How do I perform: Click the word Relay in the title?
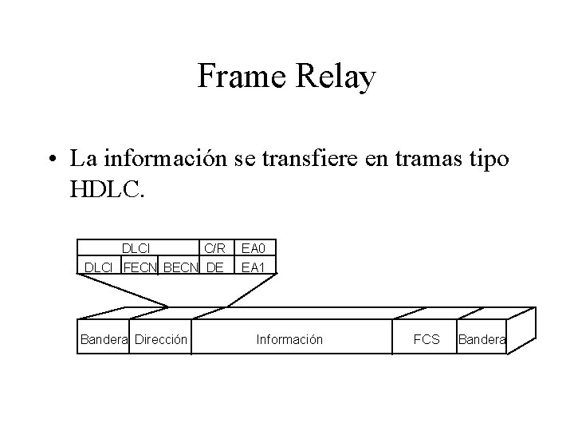point(336,78)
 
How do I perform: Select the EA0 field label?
point(253,250)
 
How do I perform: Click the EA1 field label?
point(253,267)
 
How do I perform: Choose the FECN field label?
point(140,267)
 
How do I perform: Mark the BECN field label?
point(181,267)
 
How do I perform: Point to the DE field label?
point(214,267)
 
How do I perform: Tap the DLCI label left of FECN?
point(98,267)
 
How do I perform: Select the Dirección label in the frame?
point(161,340)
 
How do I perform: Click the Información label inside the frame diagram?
point(289,340)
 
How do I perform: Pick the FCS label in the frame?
point(427,340)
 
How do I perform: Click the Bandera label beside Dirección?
point(104,340)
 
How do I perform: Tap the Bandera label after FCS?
point(481,340)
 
